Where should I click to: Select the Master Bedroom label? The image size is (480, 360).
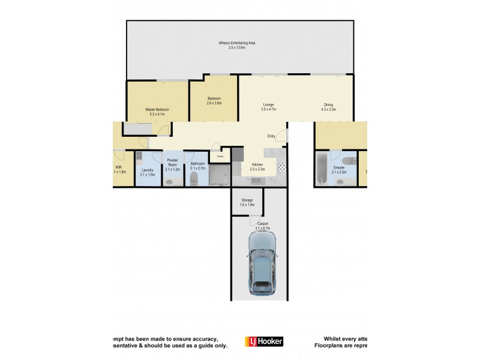point(157,110)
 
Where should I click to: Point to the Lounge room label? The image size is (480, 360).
point(268,104)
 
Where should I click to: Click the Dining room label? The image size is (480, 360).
point(328,104)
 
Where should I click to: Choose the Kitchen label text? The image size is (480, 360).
point(257,164)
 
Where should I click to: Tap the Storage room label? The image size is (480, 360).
point(247,200)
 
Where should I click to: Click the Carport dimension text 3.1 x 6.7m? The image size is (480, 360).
point(263,229)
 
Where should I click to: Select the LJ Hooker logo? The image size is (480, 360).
point(264,341)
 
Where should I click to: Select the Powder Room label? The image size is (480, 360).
point(173,162)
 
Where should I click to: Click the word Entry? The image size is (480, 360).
point(271,136)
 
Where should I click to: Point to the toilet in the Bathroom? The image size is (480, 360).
point(194,179)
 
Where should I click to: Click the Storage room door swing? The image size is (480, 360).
point(255,220)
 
